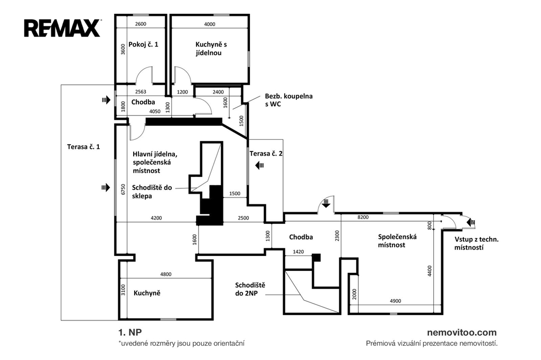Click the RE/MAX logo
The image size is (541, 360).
click(62, 29)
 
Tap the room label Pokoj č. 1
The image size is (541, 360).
click(143, 44)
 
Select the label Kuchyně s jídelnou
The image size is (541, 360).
click(211, 49)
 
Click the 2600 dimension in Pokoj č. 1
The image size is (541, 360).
click(141, 24)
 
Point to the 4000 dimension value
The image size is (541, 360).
click(209, 24)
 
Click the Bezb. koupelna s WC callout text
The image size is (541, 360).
click(288, 100)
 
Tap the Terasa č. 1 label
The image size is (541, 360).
click(83, 147)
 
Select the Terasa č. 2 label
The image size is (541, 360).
click(266, 154)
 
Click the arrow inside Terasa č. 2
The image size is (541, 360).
click(259, 166)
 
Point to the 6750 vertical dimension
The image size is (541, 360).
click(123, 190)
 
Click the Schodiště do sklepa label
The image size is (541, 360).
click(152, 192)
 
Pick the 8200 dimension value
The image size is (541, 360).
click(363, 217)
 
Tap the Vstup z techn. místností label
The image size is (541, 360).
click(476, 243)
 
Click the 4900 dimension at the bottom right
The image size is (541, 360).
click(395, 301)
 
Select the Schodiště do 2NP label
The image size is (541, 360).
click(250, 289)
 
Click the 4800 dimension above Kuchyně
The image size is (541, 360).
click(165, 274)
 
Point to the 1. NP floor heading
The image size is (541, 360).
click(130, 333)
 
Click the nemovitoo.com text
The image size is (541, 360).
click(462, 333)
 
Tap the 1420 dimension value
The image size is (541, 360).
click(298, 252)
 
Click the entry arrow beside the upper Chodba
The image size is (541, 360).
click(106, 100)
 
